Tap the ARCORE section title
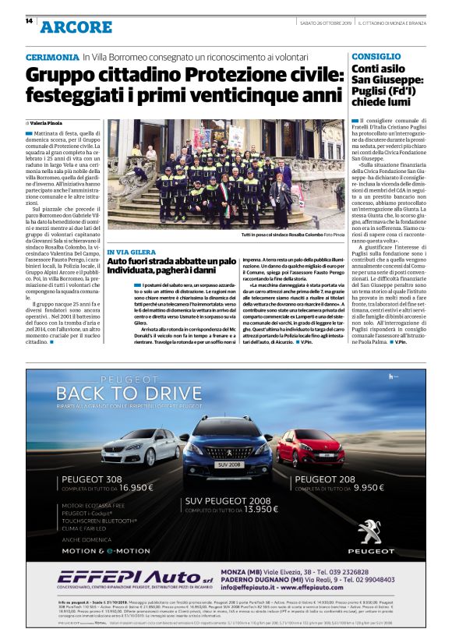coord(76,26)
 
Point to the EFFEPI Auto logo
coord(117,578)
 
